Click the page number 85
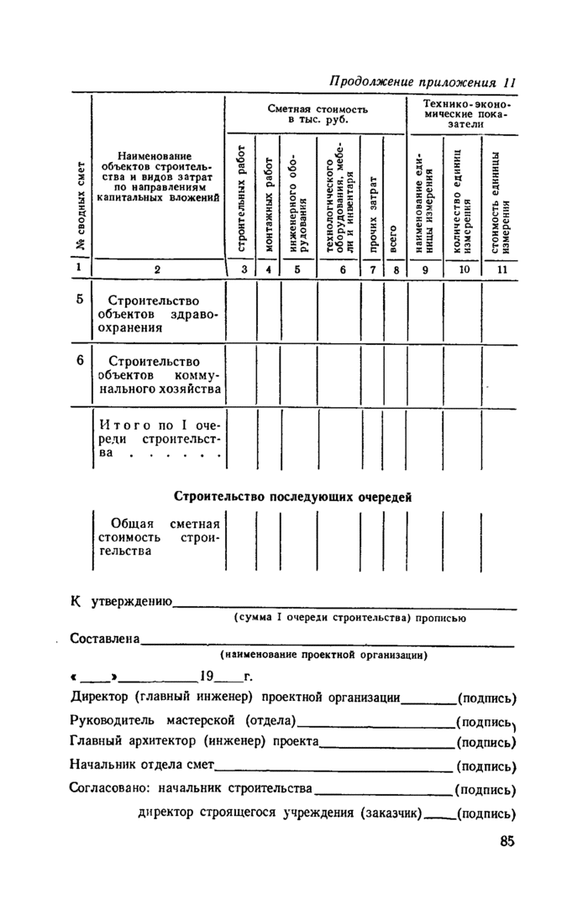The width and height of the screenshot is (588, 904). pos(506,843)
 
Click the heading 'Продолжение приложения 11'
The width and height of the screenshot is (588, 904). pos(422,82)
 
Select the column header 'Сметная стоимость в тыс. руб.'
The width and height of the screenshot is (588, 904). pos(317,116)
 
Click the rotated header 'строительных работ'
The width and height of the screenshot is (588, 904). pos(240,199)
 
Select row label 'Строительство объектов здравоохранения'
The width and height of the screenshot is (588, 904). pos(156,315)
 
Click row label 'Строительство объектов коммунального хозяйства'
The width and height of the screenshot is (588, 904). pos(158,374)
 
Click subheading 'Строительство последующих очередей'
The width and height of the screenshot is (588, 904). pos(292,496)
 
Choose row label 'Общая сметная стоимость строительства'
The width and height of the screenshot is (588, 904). pos(158,537)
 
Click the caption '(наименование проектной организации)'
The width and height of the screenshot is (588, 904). pos(323,655)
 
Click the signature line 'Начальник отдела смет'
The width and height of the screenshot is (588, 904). pos(141,766)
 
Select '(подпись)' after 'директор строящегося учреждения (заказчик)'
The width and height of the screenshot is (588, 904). pos(488,813)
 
